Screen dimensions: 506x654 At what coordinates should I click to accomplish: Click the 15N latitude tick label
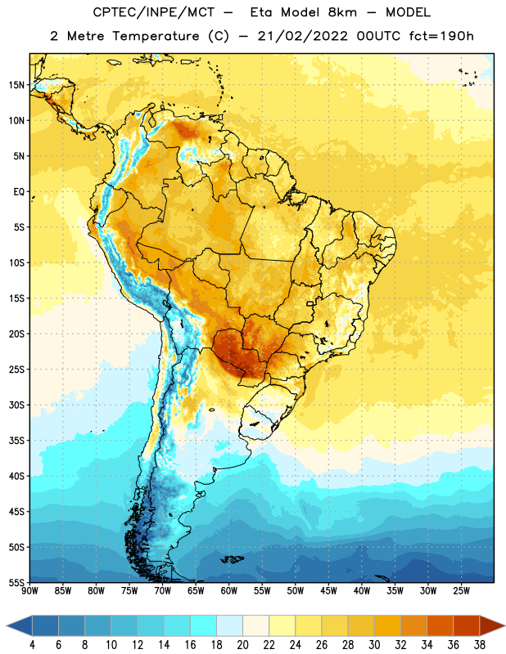16,85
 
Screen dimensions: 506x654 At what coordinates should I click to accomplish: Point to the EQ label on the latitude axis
19,192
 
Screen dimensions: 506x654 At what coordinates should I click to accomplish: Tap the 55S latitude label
16,582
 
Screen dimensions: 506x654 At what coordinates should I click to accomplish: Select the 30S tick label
16,405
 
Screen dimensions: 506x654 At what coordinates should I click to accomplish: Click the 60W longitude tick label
229,591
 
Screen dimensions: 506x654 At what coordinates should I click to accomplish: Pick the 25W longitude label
461,591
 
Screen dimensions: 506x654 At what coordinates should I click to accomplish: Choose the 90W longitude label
29,591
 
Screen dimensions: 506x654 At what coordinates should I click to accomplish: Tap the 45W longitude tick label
328,591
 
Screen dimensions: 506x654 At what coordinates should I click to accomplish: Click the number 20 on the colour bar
242,645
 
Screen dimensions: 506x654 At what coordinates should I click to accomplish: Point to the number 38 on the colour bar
480,645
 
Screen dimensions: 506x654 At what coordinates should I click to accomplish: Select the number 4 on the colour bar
32,645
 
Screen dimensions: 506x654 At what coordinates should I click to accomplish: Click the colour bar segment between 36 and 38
467,626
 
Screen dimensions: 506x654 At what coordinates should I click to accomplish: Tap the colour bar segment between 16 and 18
203,626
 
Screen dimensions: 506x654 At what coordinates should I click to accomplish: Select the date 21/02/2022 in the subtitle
303,36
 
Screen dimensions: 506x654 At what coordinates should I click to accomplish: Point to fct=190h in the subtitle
441,36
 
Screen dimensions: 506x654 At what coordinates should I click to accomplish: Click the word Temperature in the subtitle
156,36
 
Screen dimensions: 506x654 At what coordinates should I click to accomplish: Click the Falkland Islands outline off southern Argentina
232,559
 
